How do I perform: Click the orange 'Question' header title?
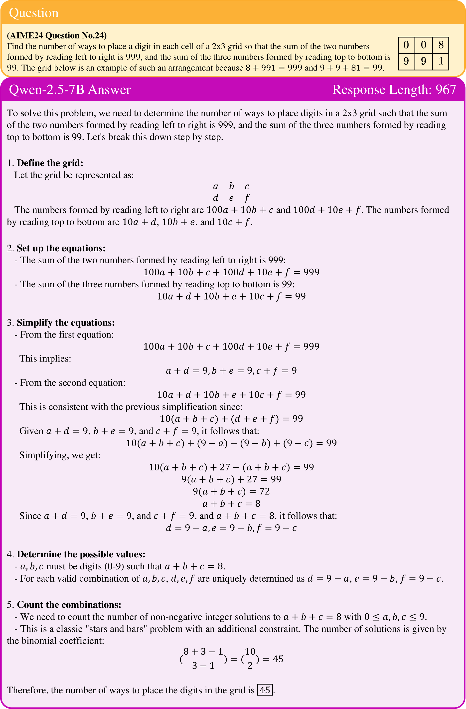(x=34, y=13)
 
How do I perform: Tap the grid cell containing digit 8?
(x=441, y=45)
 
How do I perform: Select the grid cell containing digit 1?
(x=441, y=61)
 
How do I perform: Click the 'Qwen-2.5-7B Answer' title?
(x=70, y=90)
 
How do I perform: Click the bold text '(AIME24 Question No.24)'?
(x=57, y=35)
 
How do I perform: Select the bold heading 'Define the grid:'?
(x=50, y=163)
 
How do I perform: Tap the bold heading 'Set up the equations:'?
(x=61, y=248)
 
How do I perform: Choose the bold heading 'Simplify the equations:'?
(x=65, y=322)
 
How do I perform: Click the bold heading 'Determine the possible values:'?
(x=81, y=554)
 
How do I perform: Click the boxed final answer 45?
(x=265, y=690)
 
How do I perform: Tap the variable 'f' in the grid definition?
(x=247, y=198)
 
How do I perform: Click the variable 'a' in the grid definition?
(x=215, y=186)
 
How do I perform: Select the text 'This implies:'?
(x=45, y=358)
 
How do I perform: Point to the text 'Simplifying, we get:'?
(x=60, y=455)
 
